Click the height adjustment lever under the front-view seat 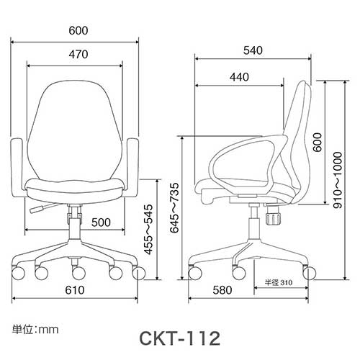pos(42,210)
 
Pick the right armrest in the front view pos(132,169)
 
